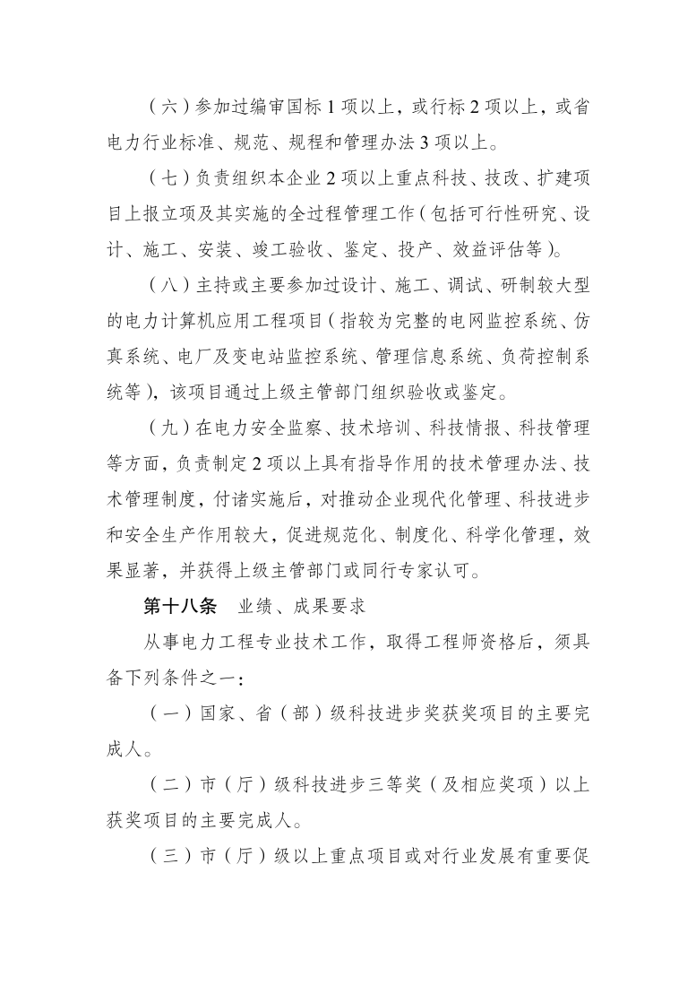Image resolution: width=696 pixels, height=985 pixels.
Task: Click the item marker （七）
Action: (166, 179)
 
